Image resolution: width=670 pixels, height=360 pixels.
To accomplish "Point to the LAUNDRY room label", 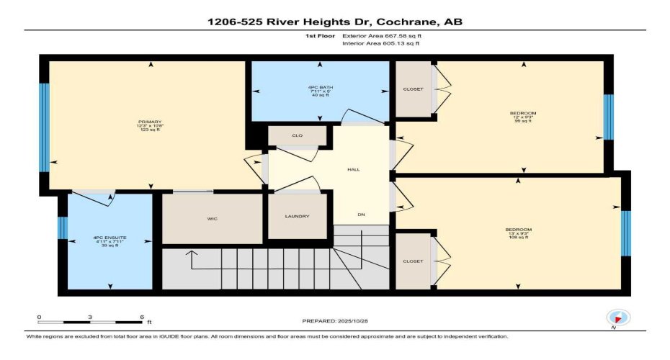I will point(297,216).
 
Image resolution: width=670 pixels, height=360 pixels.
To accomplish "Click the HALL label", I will point(354,169).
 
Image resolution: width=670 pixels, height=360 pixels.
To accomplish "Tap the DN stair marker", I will point(362,214).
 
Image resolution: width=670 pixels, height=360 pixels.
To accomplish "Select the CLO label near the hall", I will point(297,135).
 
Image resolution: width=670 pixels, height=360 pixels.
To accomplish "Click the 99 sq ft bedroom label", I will point(523,117).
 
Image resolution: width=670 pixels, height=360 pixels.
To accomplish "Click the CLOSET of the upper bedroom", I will point(414,89).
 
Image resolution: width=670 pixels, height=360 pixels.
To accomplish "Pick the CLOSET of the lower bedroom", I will point(414,261).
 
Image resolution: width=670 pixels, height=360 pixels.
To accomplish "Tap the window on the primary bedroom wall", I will point(44,127).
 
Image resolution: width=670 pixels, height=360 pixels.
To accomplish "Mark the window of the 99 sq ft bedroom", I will point(608,117).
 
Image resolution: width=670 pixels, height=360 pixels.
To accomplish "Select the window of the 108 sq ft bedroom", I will point(626,233).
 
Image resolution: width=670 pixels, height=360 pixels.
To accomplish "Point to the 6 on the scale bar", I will point(141,318).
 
